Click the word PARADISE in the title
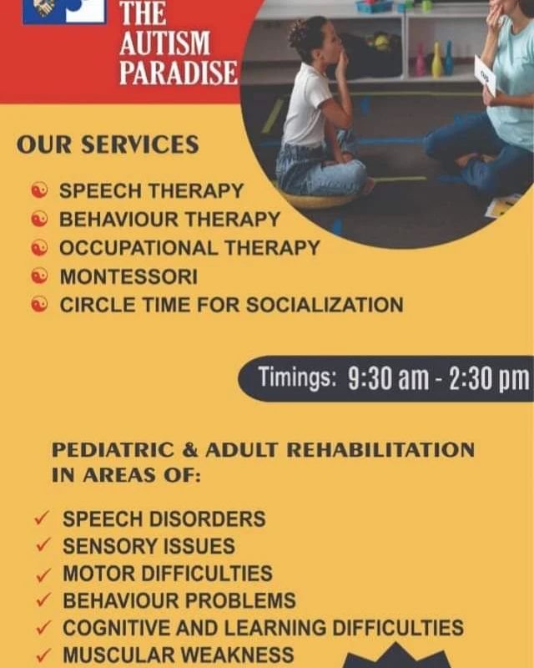click(179, 73)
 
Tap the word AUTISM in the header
click(165, 43)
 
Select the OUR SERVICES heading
click(108, 144)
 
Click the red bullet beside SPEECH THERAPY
click(39, 190)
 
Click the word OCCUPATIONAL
click(139, 248)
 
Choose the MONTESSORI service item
click(128, 276)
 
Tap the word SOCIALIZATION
click(325, 305)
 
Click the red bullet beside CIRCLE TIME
click(39, 305)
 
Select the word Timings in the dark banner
click(298, 377)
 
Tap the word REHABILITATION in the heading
click(380, 450)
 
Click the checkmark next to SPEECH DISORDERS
click(42, 519)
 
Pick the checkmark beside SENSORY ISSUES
click(43, 545)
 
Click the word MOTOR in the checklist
click(98, 574)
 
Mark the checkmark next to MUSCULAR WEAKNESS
click(43, 655)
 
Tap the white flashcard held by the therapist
click(485, 75)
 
